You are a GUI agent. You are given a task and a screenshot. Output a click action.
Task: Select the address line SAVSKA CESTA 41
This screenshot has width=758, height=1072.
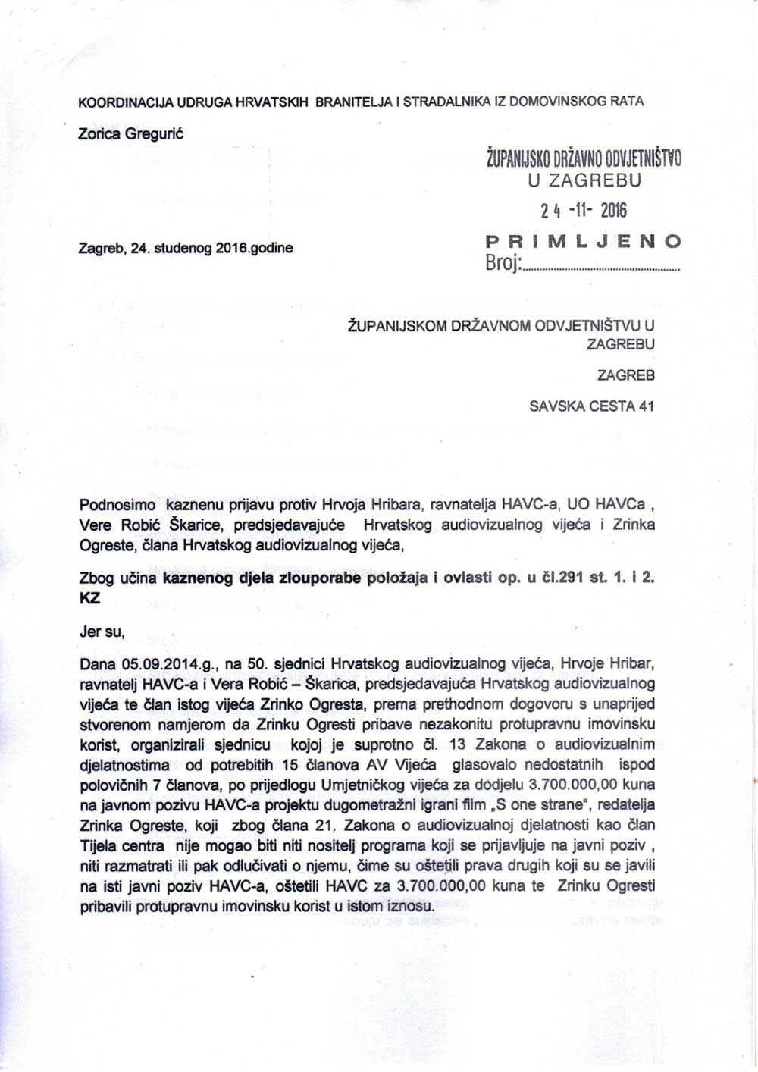pos(592,406)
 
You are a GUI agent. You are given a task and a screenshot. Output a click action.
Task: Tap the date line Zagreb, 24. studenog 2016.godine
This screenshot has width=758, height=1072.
pos(186,248)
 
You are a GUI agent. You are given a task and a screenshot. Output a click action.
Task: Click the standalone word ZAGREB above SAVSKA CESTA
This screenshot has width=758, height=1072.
pos(626,375)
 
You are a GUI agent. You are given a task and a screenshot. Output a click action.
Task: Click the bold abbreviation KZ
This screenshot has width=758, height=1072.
pos(89,598)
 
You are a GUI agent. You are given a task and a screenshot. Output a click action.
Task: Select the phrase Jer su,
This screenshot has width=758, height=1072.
pos(102,631)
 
